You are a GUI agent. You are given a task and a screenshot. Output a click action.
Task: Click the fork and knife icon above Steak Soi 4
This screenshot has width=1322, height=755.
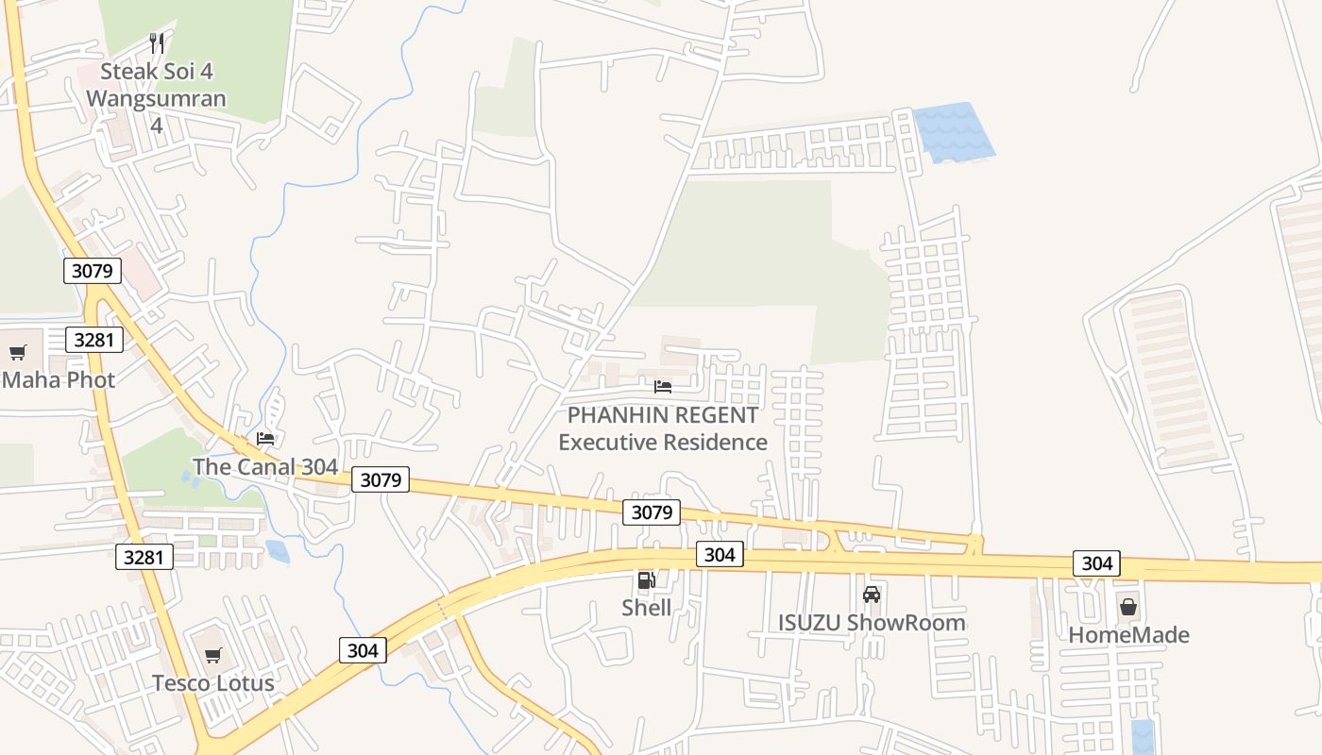tap(157, 43)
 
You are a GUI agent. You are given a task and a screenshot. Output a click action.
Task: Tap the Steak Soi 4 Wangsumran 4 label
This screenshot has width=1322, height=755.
tap(157, 97)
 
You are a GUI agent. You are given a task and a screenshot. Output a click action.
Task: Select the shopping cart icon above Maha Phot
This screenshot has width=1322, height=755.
tap(17, 353)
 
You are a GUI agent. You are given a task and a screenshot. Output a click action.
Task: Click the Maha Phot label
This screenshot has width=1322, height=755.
tap(59, 380)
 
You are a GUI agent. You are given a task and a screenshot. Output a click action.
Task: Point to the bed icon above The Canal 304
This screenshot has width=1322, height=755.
tap(265, 439)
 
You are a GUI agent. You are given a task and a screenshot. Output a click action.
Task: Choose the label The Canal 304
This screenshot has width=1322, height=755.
tap(265, 466)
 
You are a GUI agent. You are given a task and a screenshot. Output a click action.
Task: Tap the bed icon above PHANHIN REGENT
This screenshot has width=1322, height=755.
tap(663, 387)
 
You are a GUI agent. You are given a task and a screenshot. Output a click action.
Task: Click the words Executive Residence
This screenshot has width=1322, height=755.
tap(663, 442)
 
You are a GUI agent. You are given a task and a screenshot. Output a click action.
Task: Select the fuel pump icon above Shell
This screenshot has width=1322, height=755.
tap(646, 580)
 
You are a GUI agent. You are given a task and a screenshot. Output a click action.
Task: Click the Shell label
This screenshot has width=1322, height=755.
tap(646, 608)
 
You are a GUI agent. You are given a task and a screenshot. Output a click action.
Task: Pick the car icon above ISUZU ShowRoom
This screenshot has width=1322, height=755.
tap(872, 595)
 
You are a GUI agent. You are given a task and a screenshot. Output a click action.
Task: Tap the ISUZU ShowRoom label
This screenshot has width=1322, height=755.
tap(872, 623)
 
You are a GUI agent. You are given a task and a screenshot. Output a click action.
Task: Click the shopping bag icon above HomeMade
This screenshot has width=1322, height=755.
tap(1127, 607)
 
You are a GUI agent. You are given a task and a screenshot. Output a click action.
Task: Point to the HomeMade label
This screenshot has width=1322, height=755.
tap(1128, 635)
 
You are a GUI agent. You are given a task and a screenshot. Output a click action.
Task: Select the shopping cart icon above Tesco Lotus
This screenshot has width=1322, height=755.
tap(213, 655)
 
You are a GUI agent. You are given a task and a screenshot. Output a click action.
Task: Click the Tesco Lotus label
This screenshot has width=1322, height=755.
tap(213, 682)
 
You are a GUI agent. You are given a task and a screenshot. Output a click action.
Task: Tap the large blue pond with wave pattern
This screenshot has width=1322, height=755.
tap(952, 132)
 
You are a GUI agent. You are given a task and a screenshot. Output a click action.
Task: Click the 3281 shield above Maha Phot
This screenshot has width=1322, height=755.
tap(94, 340)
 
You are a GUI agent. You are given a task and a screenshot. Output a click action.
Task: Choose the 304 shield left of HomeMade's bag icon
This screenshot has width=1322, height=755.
tap(1096, 563)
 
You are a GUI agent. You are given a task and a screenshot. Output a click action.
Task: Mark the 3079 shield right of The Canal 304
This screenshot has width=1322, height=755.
tap(381, 479)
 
